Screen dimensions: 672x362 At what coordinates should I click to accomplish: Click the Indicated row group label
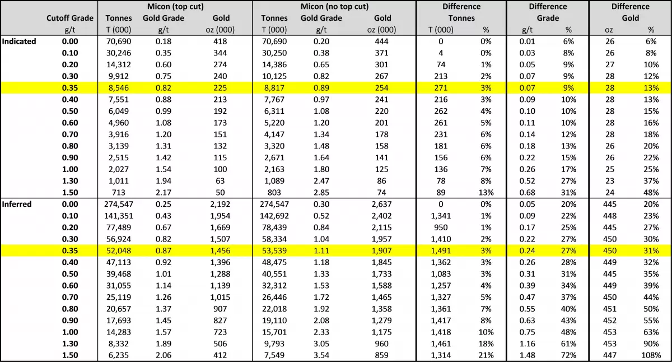point(19,41)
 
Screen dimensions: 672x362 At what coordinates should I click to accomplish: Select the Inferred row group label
point(17,204)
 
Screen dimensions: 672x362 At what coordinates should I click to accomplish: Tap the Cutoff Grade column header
point(70,18)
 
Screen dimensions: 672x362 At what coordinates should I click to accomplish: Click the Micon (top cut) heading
point(175,7)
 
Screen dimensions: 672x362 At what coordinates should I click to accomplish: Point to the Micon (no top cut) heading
point(334,7)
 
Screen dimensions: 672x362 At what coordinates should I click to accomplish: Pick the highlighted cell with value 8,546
point(119,88)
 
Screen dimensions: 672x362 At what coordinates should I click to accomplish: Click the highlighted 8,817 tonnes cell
point(274,88)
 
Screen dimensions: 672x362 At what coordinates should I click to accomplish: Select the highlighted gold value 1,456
point(220,250)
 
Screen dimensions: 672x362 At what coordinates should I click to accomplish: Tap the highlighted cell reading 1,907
point(381,250)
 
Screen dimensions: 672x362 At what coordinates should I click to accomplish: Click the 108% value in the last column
point(651,355)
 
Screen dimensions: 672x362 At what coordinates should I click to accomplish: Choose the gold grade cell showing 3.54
point(321,355)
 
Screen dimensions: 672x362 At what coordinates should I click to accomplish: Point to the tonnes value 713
point(119,192)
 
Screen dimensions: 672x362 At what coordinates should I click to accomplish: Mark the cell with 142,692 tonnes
point(274,216)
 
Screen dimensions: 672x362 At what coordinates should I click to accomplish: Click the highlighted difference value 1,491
point(441,250)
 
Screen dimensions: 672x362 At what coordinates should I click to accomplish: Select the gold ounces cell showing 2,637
point(381,204)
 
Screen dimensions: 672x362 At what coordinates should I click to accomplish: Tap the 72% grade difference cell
point(568,355)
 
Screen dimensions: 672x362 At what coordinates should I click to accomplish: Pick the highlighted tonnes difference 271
point(441,88)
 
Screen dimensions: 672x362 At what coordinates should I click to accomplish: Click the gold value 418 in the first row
point(220,41)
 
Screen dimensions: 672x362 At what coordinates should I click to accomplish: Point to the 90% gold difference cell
point(651,344)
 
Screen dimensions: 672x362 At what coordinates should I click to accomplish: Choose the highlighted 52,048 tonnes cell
point(119,250)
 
